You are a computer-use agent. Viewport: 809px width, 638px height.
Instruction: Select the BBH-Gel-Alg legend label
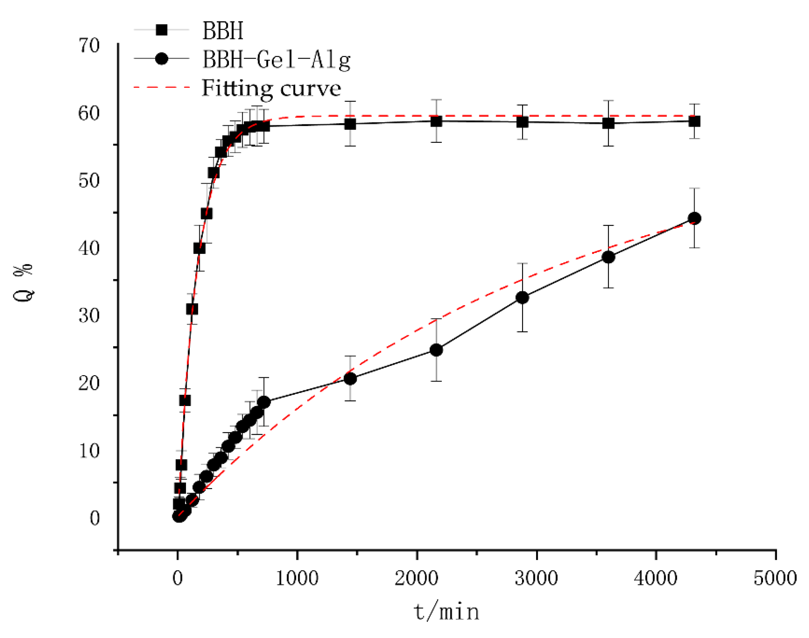tap(276, 59)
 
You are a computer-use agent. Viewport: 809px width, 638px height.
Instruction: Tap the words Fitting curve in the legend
tap(271, 88)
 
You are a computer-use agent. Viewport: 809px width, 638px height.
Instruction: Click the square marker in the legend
tap(161, 30)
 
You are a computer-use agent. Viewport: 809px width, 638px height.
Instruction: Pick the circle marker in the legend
tap(161, 59)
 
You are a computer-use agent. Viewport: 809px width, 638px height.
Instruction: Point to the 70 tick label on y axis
tap(89, 46)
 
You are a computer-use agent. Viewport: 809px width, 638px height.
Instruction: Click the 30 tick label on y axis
tap(89, 316)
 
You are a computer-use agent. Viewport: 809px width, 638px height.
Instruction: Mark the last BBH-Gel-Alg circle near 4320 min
tap(694, 219)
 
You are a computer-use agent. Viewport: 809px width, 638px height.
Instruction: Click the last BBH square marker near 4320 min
tap(694, 121)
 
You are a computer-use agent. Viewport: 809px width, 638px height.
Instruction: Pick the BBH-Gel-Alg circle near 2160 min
tap(436, 350)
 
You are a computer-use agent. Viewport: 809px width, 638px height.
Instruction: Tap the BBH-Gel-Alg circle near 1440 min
tap(350, 379)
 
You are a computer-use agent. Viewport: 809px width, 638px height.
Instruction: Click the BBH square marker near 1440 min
tap(350, 124)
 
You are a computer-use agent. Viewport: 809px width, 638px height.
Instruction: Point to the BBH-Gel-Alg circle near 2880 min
tap(522, 298)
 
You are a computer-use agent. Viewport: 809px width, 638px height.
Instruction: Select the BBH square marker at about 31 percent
tap(192, 309)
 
